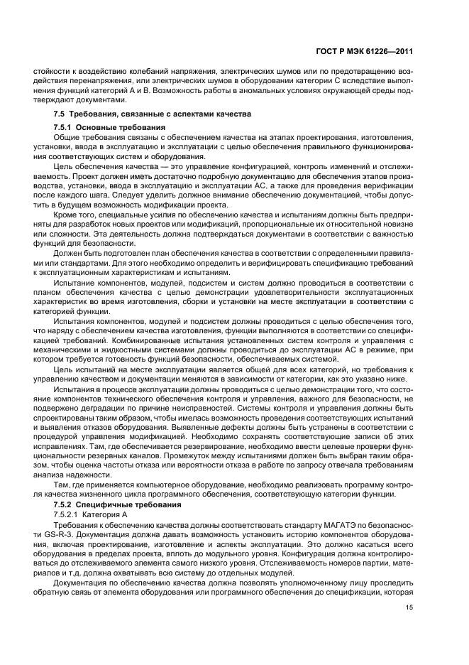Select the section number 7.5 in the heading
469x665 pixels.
pos(60,114)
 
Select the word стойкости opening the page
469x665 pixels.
pos(45,71)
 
